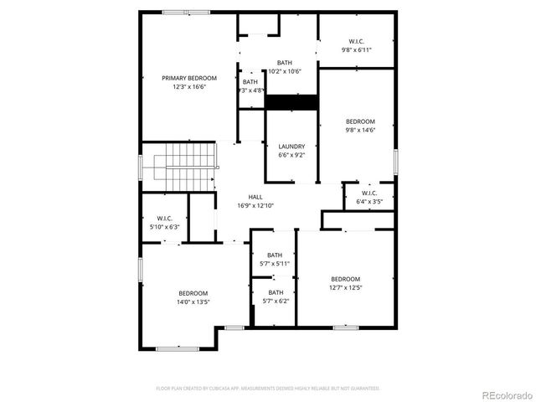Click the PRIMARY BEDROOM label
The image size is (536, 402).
(183, 78)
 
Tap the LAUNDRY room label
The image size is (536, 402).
(291, 147)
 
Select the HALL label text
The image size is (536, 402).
(255, 197)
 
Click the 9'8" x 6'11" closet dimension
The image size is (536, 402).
(356, 50)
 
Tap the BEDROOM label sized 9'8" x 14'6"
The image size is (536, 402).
(360, 121)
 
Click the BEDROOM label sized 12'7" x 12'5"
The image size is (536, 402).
(345, 279)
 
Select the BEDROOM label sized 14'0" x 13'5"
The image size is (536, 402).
(193, 293)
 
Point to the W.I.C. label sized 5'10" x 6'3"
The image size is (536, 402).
(163, 219)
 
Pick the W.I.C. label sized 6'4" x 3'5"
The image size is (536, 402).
(369, 193)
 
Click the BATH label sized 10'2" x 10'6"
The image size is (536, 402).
(285, 63)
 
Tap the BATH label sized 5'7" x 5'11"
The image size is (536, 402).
(275, 255)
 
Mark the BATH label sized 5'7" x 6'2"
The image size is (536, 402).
(275, 292)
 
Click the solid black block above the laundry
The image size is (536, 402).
(291, 102)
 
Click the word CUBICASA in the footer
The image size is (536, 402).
(222, 389)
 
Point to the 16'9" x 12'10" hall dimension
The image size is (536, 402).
(255, 205)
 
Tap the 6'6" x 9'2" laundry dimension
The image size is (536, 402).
(291, 155)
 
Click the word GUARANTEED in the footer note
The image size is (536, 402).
(365, 389)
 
